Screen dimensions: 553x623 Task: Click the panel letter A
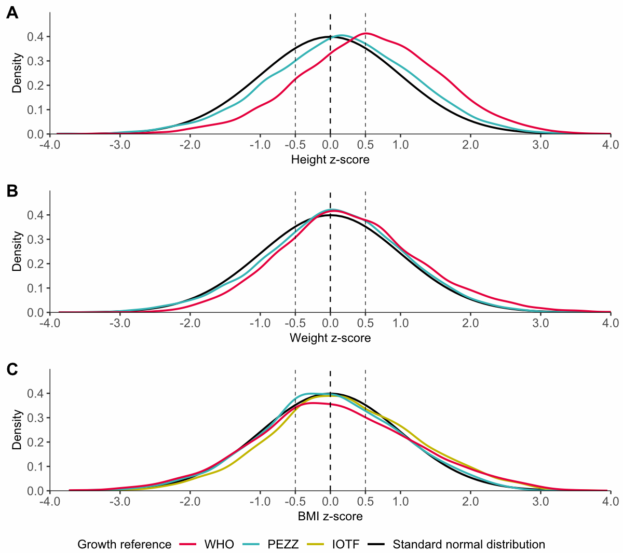pos(12,13)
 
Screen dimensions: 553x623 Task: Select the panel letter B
pos(12,191)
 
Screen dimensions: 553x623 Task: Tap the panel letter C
pos(12,369)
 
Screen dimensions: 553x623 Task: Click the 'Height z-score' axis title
pos(330,160)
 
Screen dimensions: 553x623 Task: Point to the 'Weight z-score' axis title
pos(330,338)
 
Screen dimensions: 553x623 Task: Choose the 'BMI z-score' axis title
pos(330,517)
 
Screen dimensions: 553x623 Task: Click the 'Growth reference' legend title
pos(124,545)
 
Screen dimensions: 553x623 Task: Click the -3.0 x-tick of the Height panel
pos(120,145)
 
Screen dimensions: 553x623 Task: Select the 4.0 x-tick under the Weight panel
pos(611,323)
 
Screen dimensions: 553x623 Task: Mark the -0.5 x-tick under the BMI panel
pos(295,502)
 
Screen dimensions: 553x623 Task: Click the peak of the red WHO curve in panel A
pos(367,33)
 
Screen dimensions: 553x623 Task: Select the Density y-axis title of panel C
pos(18,430)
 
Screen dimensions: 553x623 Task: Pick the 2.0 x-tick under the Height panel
pos(470,145)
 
